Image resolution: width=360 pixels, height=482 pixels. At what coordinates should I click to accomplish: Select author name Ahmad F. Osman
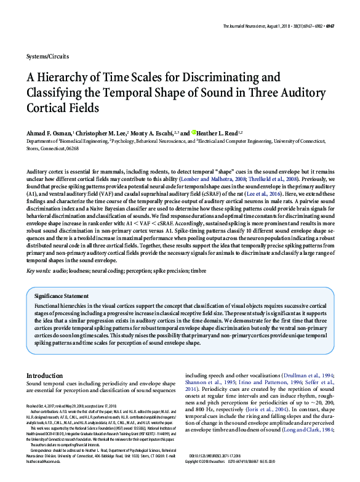click(49, 132)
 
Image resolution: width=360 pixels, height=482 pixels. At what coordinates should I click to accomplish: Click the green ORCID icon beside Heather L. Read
click(194, 132)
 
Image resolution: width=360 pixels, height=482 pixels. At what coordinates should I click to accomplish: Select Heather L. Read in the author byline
click(218, 132)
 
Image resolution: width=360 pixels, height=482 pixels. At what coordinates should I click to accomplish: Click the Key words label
click(38, 254)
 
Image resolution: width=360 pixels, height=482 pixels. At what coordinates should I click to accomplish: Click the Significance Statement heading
click(70, 295)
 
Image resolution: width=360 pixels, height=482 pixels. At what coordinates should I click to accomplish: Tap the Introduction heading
click(44, 375)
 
